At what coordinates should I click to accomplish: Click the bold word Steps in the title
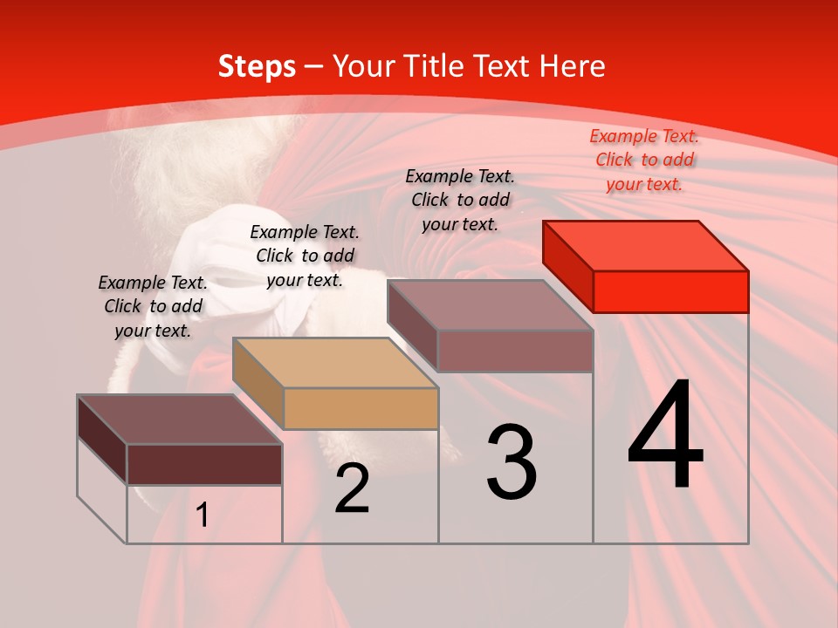[x=256, y=66]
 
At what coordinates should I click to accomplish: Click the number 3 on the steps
[x=512, y=462]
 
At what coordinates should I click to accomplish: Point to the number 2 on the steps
[x=352, y=488]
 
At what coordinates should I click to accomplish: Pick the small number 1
[x=203, y=515]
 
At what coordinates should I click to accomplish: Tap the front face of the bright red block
[x=670, y=291]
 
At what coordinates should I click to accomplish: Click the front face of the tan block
[x=361, y=408]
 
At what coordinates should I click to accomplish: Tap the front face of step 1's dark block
[x=204, y=464]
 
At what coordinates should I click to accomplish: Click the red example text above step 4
[x=644, y=160]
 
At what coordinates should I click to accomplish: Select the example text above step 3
[x=460, y=200]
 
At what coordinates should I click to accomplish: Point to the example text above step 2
[x=305, y=256]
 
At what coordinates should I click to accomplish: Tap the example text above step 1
[x=153, y=306]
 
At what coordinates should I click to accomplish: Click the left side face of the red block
[x=567, y=266]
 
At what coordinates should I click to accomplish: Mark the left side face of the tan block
[x=258, y=383]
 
